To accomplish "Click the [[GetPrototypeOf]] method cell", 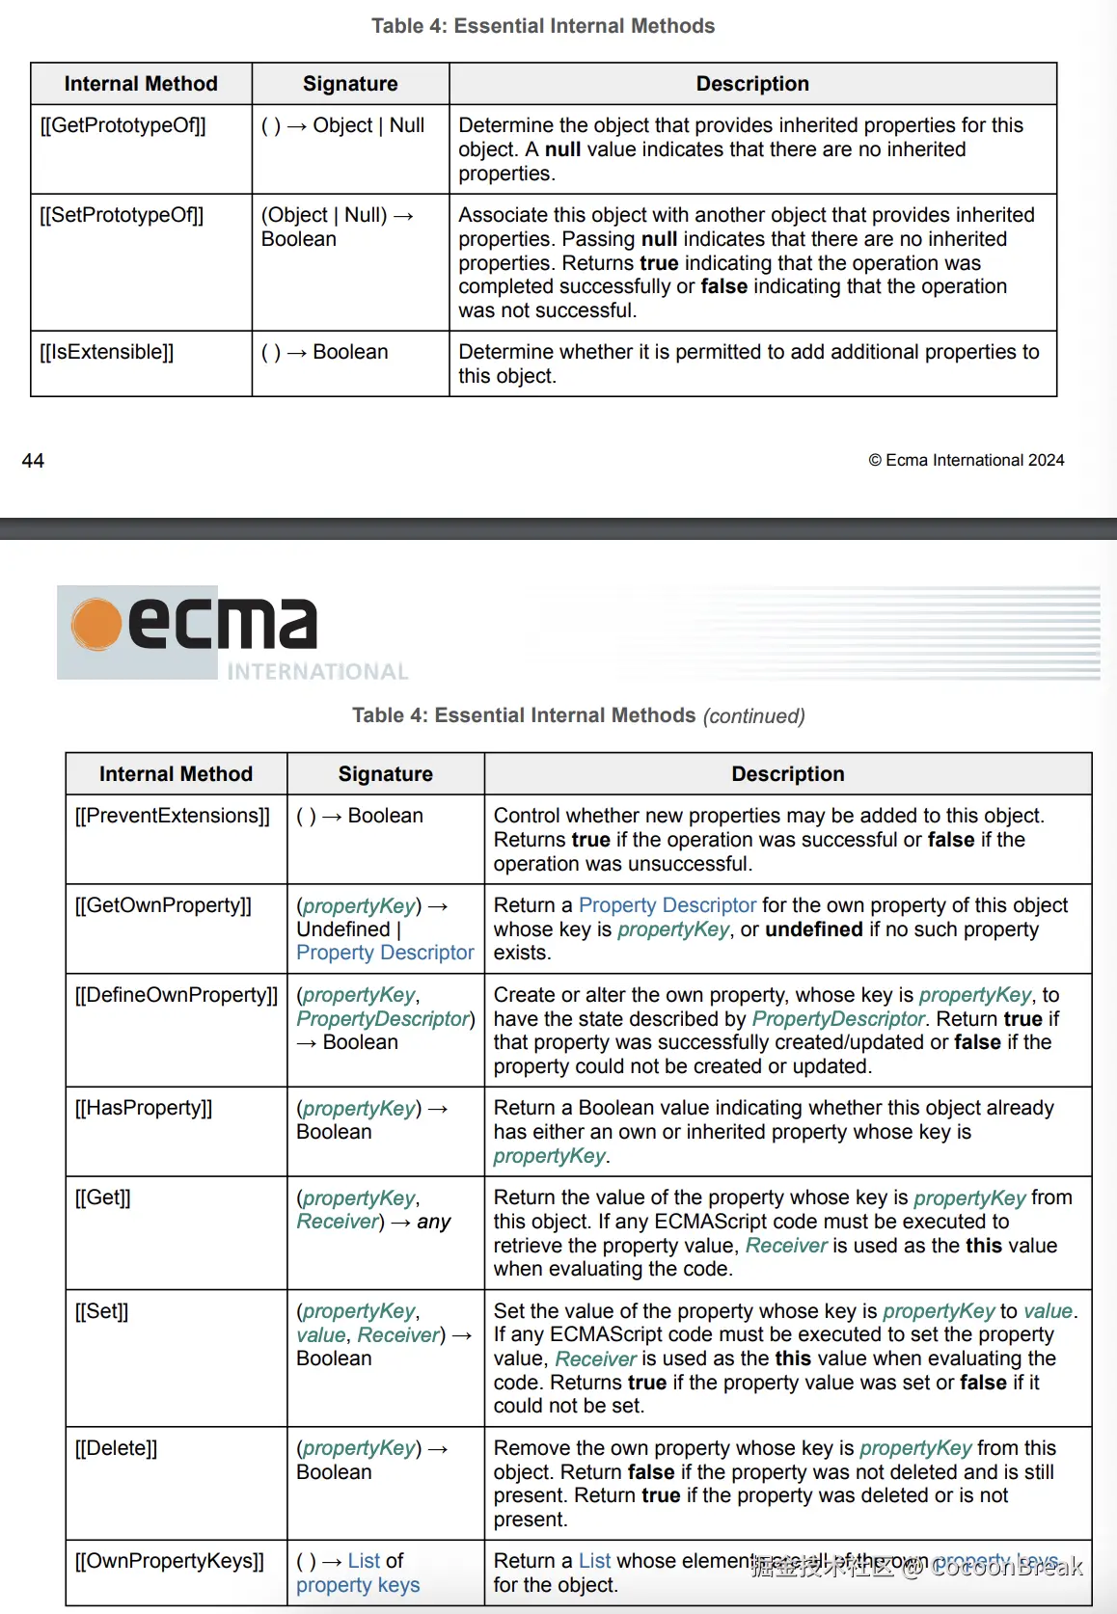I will (123, 125).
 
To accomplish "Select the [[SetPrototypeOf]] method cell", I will (122, 215).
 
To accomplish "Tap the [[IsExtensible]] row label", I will (106, 352).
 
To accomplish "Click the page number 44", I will (33, 461).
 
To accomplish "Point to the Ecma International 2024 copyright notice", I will (967, 461).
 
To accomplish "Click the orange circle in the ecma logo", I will (96, 625).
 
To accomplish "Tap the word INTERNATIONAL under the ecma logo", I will (317, 672).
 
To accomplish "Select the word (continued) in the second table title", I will (753, 716).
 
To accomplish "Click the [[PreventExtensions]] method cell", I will (173, 816).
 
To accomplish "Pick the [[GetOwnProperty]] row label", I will (163, 905).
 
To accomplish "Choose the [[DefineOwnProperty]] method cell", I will (177, 995).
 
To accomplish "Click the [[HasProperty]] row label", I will (144, 1108).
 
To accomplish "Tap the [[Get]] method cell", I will (103, 1197).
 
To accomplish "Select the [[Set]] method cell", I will (101, 1311).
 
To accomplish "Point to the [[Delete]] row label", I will (116, 1448).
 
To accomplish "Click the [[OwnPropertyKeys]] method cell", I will (170, 1561).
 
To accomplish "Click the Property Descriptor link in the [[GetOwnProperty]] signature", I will (385, 953).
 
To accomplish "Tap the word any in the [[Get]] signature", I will (434, 1222).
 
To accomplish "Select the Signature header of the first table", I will (350, 84).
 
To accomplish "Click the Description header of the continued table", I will (787, 774).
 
